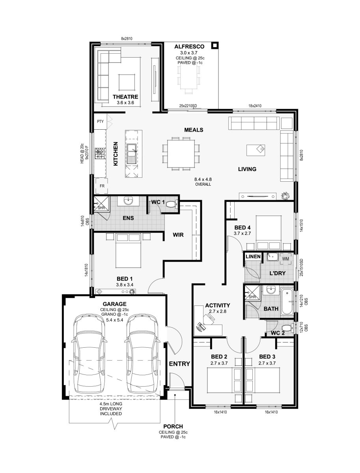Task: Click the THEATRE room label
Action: pyautogui.click(x=125, y=97)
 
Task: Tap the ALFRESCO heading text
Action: pyautogui.click(x=189, y=47)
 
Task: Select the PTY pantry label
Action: pyautogui.click(x=100, y=121)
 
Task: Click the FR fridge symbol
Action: pyautogui.click(x=102, y=186)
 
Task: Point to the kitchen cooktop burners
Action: pyautogui.click(x=100, y=153)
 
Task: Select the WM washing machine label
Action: pyautogui.click(x=285, y=259)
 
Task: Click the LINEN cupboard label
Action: pyautogui.click(x=253, y=257)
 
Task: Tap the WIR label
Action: pyautogui.click(x=178, y=235)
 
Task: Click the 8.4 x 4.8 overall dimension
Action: pyautogui.click(x=203, y=179)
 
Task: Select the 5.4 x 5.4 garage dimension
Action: pyautogui.click(x=114, y=320)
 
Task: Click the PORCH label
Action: pyautogui.click(x=173, y=426)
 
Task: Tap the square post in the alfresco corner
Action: pyautogui.click(x=215, y=45)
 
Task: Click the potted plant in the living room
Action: pyautogui.click(x=285, y=196)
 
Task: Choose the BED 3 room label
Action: pyautogui.click(x=267, y=357)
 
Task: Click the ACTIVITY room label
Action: pyautogui.click(x=218, y=305)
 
